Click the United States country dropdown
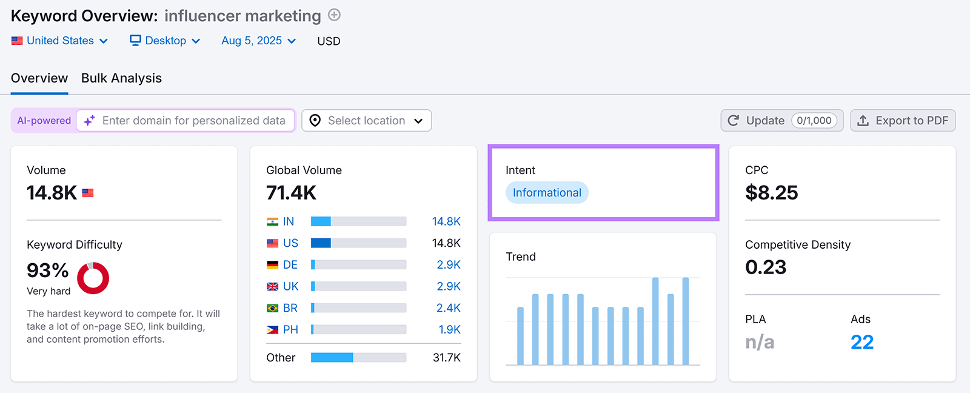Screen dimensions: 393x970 [x=59, y=41]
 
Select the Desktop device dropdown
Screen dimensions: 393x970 [x=165, y=41]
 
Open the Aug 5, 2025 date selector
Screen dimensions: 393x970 [x=258, y=41]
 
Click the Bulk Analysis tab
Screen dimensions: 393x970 [x=121, y=78]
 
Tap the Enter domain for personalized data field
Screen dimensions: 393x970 [x=193, y=121]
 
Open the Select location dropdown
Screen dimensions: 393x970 [x=366, y=121]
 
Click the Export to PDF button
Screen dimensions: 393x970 [x=903, y=121]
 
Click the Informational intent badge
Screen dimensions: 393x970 [x=547, y=193]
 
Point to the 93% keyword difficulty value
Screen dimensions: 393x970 [x=48, y=270]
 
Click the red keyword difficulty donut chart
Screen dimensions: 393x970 [x=93, y=278]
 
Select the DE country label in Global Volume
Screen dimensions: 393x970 [x=290, y=265]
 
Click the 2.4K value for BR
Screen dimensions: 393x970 [x=448, y=308]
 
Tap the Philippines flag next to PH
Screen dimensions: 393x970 [x=273, y=330]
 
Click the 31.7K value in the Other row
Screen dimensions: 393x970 [x=446, y=358]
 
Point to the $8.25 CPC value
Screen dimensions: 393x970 [x=771, y=193]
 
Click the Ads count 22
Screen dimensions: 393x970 [x=861, y=342]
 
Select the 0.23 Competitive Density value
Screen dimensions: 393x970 [x=766, y=267]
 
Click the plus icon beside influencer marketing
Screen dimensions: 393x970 [x=334, y=15]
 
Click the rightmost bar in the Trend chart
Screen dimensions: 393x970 [x=685, y=321]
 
